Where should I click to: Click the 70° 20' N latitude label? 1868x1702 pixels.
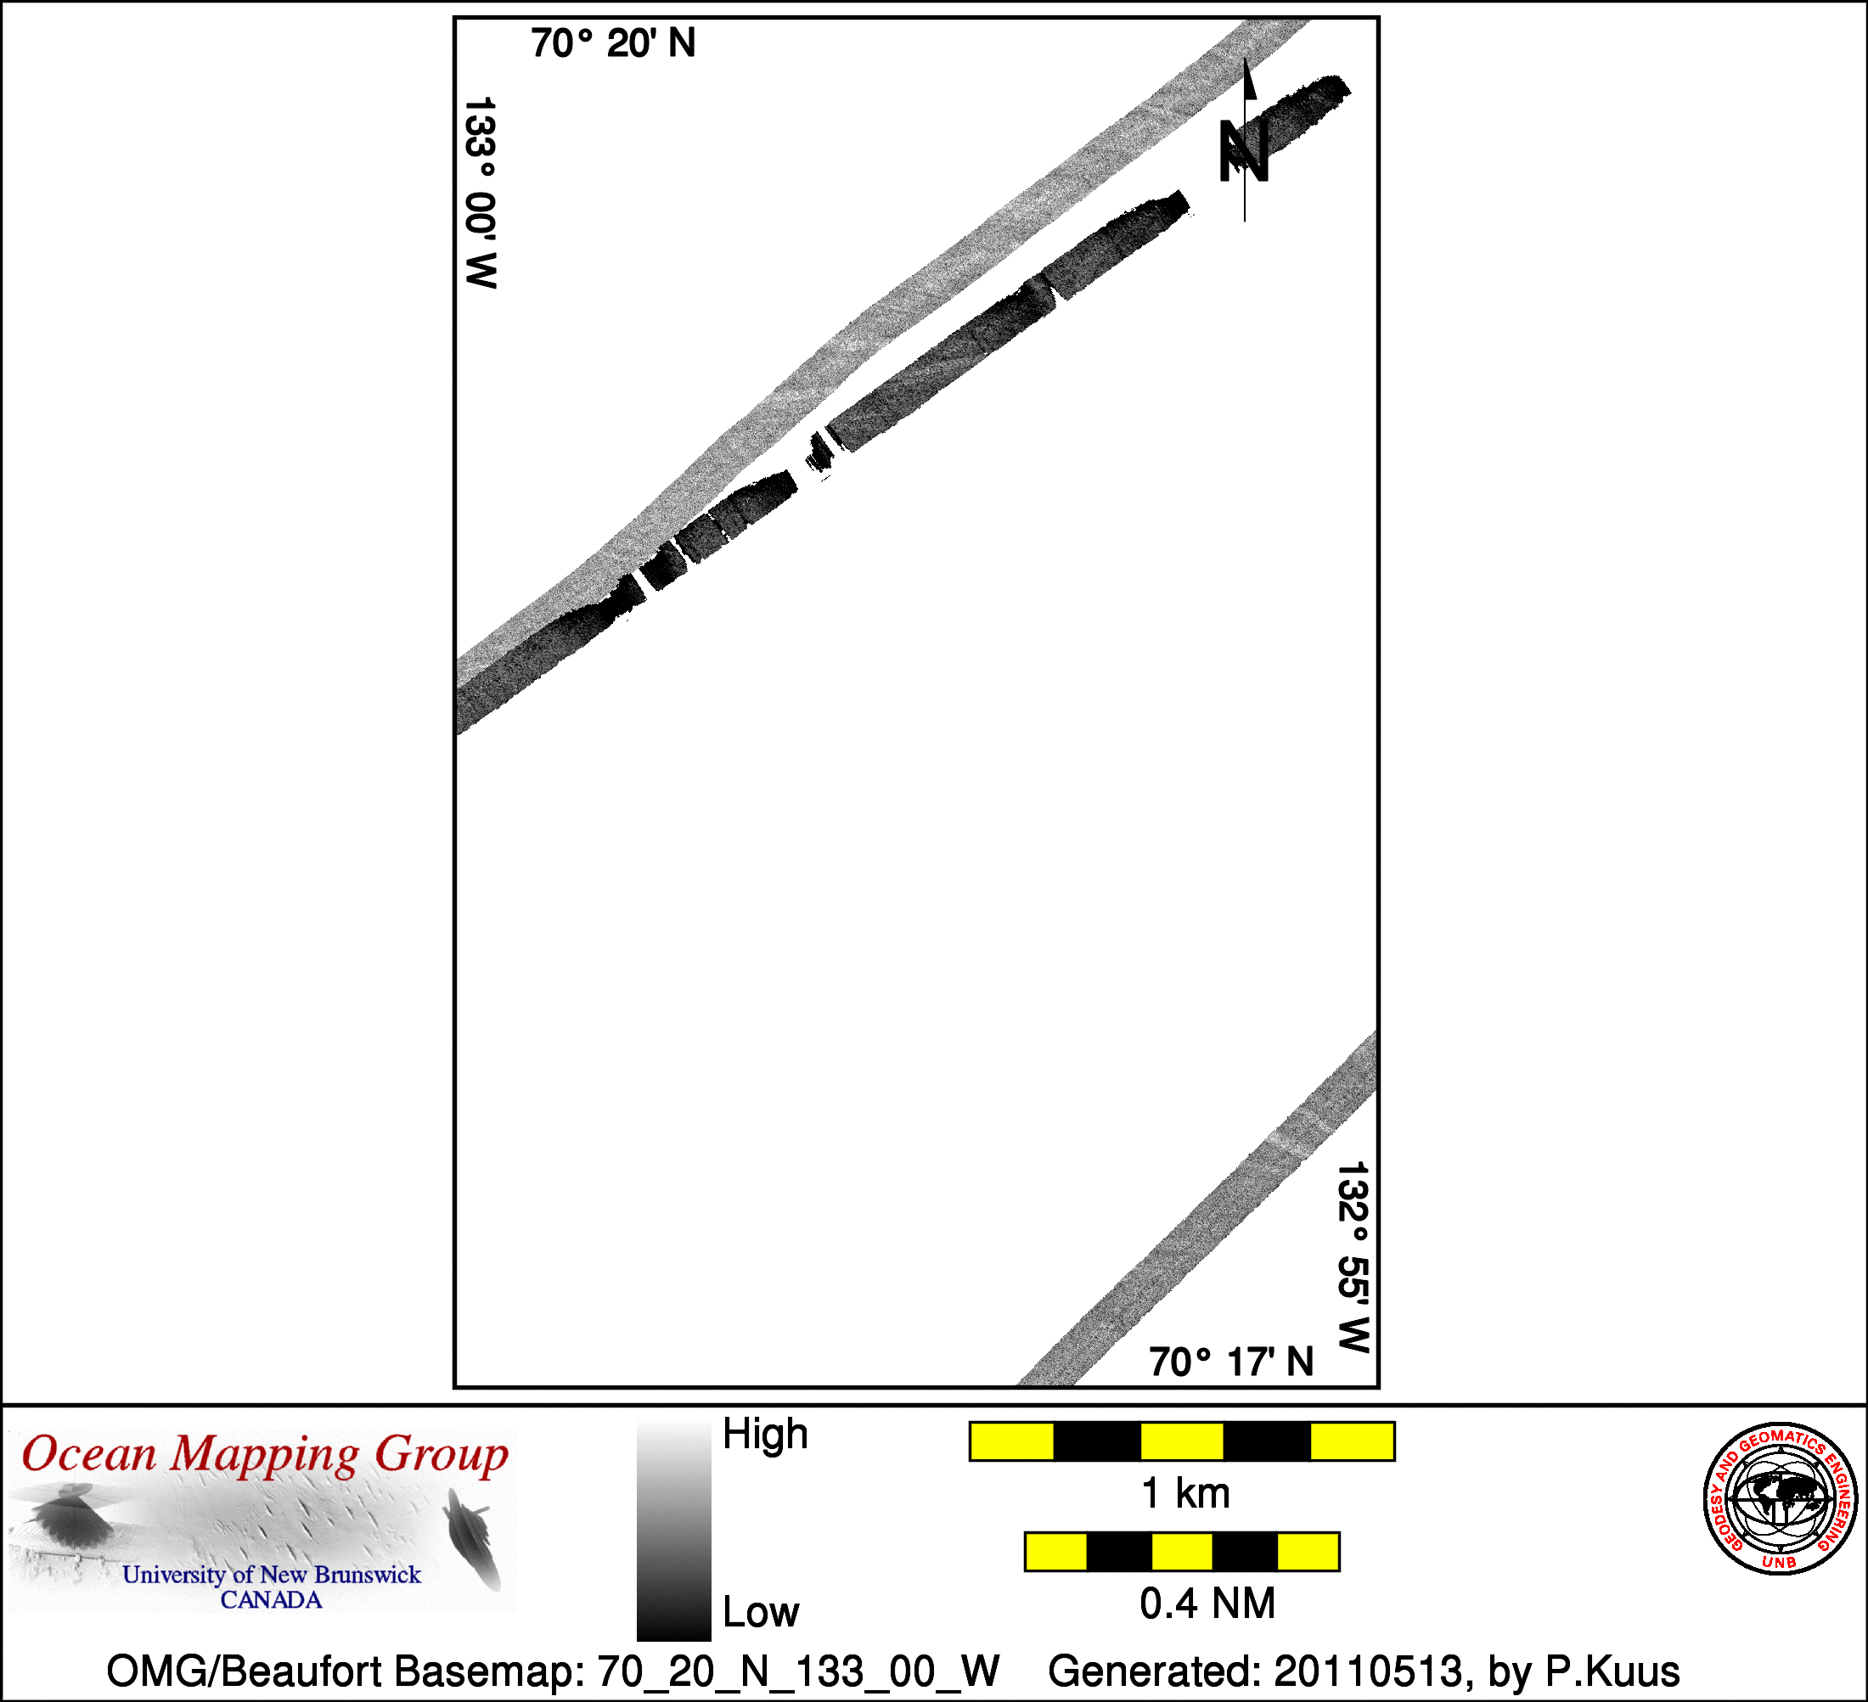612,43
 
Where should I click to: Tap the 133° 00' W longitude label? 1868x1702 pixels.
480,193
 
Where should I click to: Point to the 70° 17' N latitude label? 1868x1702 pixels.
1231,1362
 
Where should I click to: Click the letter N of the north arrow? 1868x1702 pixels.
1242,151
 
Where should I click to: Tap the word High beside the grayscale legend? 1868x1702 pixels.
765,1435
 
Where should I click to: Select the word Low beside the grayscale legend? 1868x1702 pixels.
761,1613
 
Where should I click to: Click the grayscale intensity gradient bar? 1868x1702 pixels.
673,1531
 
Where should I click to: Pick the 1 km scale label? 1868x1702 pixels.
1186,1493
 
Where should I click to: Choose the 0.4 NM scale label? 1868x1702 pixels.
1207,1604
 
